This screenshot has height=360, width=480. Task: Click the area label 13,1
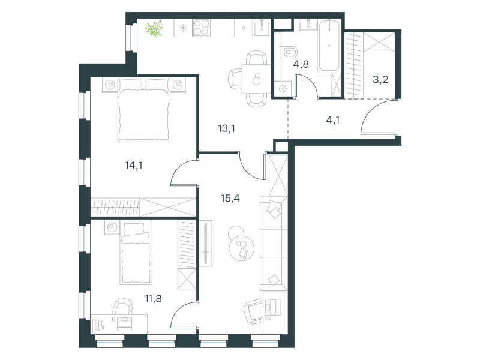click(227, 128)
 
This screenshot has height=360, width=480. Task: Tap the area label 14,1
click(134, 166)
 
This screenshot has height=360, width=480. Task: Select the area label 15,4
click(230, 199)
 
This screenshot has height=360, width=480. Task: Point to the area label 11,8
click(154, 298)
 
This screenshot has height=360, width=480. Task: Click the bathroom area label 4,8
click(301, 64)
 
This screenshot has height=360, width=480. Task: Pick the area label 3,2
click(380, 80)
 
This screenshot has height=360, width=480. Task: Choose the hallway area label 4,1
click(333, 120)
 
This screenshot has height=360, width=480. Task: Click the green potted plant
click(154, 29)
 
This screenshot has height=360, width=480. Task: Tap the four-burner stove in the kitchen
click(202, 28)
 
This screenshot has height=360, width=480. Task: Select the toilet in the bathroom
click(289, 52)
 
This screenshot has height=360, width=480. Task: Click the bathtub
click(329, 46)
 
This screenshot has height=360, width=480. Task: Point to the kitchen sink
click(262, 28)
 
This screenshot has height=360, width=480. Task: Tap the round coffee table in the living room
click(242, 248)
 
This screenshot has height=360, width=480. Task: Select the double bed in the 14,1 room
click(143, 110)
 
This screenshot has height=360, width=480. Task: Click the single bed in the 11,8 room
click(136, 253)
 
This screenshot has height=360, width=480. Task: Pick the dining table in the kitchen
click(257, 79)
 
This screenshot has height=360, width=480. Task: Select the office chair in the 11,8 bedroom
click(122, 306)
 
